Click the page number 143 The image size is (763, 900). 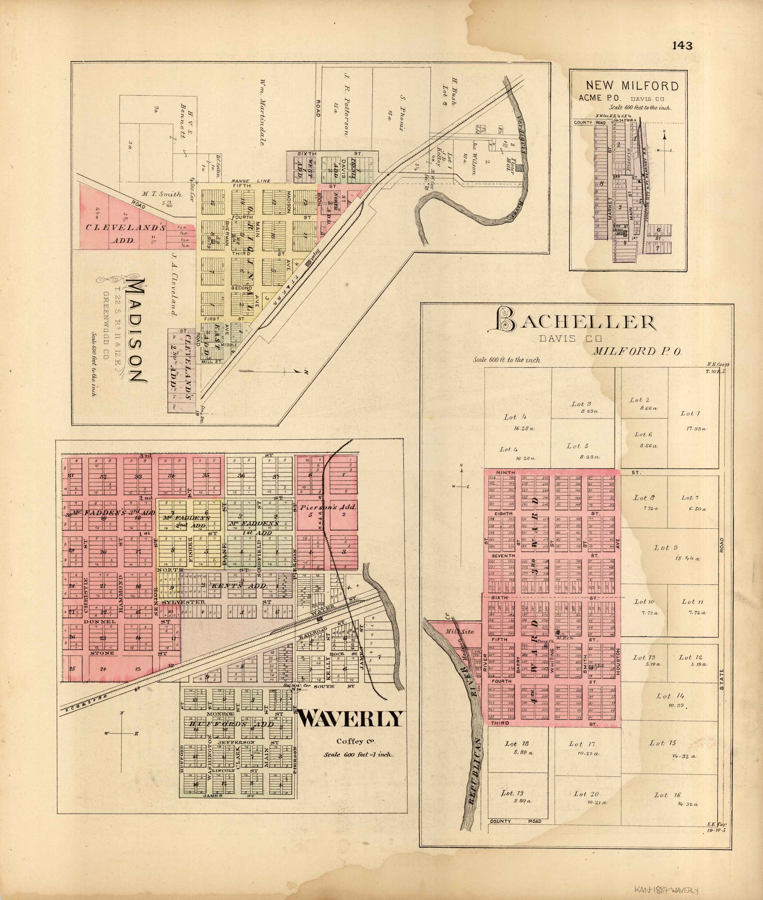682,46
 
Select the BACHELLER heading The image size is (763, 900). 576,322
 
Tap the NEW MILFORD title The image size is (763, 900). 632,86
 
